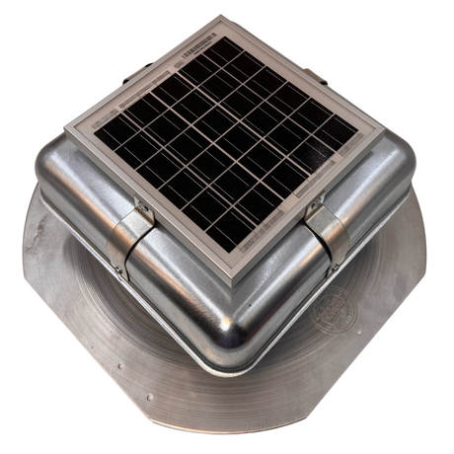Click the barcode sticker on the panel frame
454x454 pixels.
pos(191,44)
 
